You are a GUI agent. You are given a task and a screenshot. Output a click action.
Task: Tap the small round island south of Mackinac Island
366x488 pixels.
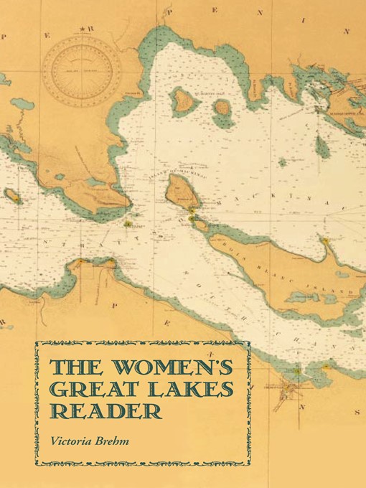[x=202, y=225]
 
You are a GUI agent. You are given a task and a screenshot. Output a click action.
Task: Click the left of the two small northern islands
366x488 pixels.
[x=184, y=100]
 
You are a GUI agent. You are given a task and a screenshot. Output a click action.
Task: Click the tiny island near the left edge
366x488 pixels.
[x=12, y=195]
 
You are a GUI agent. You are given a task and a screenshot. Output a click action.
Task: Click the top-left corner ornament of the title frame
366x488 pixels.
[x=39, y=344]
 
